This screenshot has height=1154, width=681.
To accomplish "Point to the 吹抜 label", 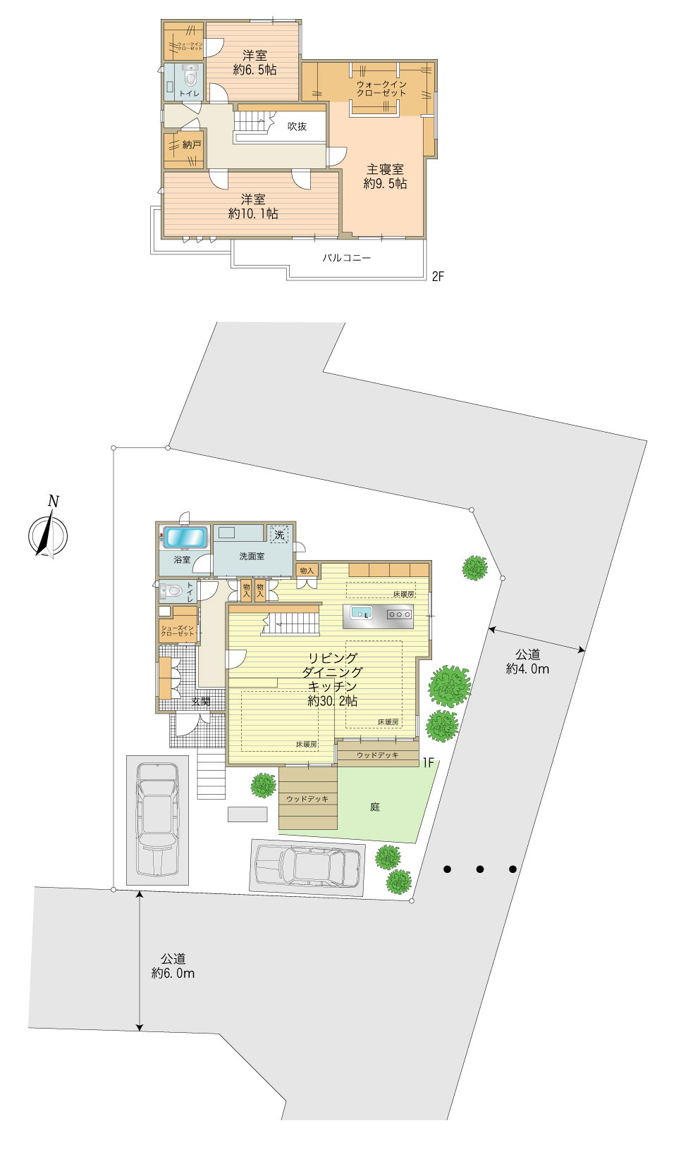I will (x=297, y=127).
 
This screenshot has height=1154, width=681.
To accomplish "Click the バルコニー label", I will (x=347, y=258).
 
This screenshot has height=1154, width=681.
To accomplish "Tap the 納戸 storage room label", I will (x=192, y=145).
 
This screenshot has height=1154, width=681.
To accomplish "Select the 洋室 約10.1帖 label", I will (x=253, y=206).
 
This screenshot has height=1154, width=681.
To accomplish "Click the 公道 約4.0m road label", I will (x=527, y=662).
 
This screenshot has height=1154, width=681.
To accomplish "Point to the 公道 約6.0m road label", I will (x=173, y=966).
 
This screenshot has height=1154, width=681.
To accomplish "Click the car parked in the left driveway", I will (x=158, y=819).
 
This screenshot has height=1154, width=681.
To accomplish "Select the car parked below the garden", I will (x=308, y=865).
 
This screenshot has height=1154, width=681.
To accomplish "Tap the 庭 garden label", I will (x=375, y=807).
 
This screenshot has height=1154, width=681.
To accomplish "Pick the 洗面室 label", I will (x=252, y=556).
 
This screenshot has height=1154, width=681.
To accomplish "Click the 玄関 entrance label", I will (x=200, y=701).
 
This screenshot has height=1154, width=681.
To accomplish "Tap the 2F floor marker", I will (x=437, y=277).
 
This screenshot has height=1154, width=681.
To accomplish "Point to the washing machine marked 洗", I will (x=280, y=535).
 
